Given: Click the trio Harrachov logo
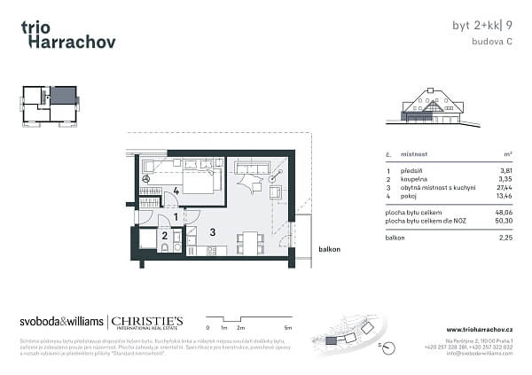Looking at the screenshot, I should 67,34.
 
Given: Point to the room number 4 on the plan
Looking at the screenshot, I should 176,191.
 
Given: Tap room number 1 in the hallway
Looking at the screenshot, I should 176,216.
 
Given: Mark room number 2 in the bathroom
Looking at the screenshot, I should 164,235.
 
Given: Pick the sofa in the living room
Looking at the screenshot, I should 252,168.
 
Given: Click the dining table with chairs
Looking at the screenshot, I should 251,241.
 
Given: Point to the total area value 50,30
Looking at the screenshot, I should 503,221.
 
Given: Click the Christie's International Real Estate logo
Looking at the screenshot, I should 146,323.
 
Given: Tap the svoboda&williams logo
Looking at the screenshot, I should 60,322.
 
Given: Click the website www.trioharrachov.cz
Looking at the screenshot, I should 480,330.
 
